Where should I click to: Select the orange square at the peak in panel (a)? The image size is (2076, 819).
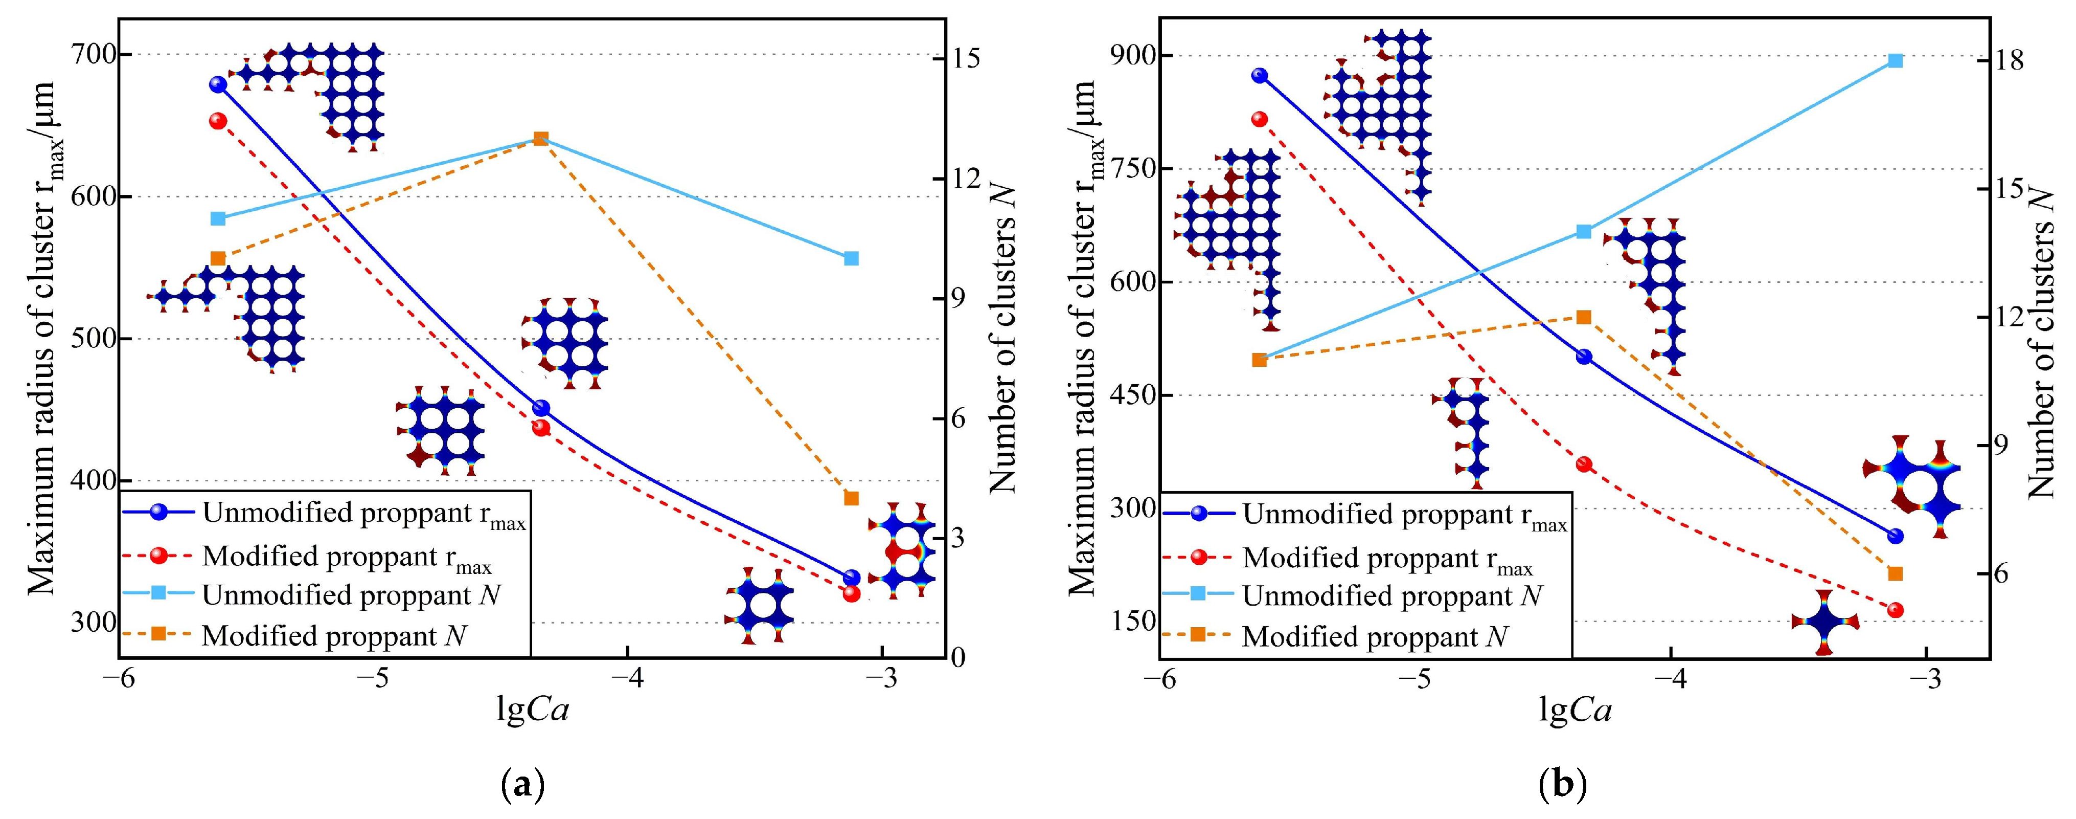pos(541,139)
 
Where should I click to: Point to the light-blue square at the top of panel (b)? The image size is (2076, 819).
pos(1896,60)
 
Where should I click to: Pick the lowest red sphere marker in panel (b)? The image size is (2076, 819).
pos(1896,610)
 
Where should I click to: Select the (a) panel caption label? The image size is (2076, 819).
pos(522,784)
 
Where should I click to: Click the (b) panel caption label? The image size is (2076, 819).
pos(1563,784)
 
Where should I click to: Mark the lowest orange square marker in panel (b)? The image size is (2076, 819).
pos(1896,573)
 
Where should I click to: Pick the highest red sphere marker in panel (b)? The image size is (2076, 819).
pos(1260,119)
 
